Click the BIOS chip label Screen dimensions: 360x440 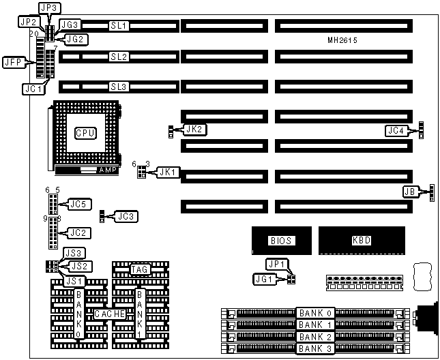(x=281, y=241)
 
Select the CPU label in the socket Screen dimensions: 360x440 (x=85, y=132)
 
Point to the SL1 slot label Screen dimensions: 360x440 (x=119, y=25)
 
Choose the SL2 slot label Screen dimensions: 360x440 (x=119, y=57)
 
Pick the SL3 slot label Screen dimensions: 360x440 (x=119, y=87)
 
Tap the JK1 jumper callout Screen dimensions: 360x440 (x=168, y=172)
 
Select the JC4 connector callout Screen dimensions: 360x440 (x=396, y=130)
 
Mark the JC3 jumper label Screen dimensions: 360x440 (x=125, y=216)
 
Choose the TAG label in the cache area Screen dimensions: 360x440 (x=141, y=270)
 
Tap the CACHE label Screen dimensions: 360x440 (x=109, y=314)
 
